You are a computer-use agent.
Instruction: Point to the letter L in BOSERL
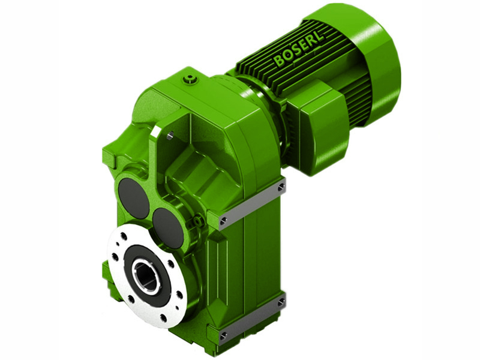tap(319, 35)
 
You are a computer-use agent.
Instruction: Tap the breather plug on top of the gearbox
tap(191, 79)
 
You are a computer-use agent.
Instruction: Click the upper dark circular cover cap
tap(134, 197)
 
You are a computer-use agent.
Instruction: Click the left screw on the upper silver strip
tap(224, 222)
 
